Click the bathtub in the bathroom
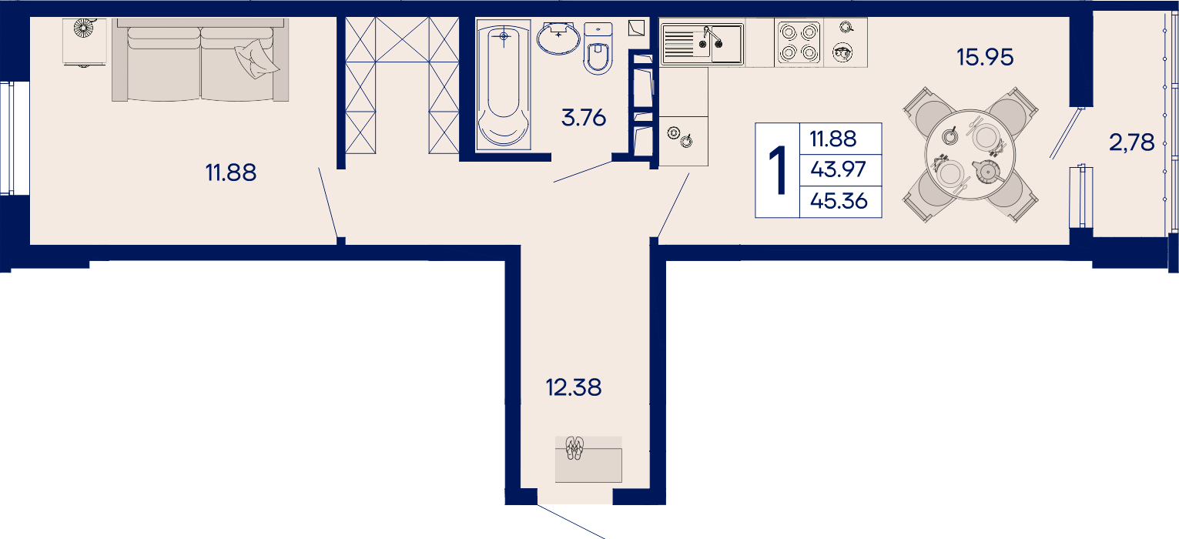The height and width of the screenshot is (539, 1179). (x=503, y=84)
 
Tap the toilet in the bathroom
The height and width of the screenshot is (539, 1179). (x=598, y=49)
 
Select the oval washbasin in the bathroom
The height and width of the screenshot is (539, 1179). (x=558, y=38)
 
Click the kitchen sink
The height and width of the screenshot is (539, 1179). (x=702, y=44)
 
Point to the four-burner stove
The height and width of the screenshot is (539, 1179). (x=799, y=43)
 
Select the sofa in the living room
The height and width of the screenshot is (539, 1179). (x=200, y=59)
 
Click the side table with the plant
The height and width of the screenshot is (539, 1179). (x=84, y=42)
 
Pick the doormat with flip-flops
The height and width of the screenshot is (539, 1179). (x=588, y=459)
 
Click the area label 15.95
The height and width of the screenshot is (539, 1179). (x=985, y=57)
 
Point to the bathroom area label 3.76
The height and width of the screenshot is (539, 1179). (x=584, y=118)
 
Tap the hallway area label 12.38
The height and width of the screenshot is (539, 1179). (x=574, y=387)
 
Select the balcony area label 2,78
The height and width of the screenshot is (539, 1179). (x=1131, y=142)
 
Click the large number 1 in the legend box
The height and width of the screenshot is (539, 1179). (x=778, y=171)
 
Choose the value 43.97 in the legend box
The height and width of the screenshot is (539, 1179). (x=838, y=169)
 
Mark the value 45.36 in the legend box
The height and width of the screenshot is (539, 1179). (x=839, y=200)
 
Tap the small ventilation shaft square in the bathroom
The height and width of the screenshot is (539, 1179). (x=636, y=28)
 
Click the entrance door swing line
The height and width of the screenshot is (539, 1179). (x=571, y=521)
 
